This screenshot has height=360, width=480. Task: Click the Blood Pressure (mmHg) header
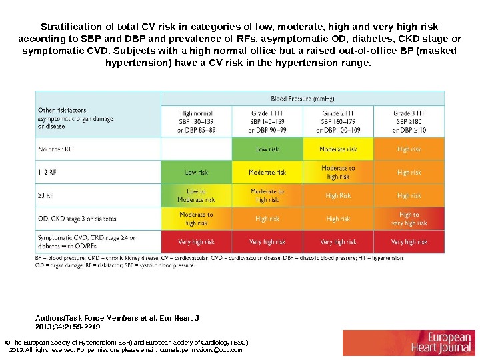tap(303, 97)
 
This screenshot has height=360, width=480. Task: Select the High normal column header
tap(196, 121)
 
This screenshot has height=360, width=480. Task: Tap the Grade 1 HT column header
tap(267, 121)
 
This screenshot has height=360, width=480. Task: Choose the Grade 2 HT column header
tap(338, 121)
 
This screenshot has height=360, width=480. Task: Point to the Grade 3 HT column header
tap(409, 121)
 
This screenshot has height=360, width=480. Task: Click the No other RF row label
tap(55, 149)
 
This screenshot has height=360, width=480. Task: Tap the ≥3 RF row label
tap(47, 196)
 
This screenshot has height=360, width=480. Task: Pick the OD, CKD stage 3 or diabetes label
tap(78, 219)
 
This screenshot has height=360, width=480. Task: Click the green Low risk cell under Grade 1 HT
tap(267, 149)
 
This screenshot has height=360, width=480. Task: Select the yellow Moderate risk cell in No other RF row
tap(338, 149)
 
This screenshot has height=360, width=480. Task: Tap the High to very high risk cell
tap(409, 219)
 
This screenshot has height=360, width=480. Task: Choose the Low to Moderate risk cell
tap(196, 196)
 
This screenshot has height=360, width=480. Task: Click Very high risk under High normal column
tap(196, 242)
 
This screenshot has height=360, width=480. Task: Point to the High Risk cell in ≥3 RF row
tap(338, 196)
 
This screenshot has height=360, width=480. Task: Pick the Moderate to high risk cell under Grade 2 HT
tap(338, 173)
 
